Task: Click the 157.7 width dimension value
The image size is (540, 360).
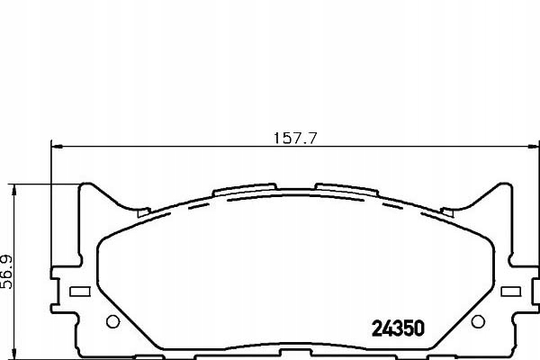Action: coord(296,139)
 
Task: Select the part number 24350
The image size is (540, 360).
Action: coord(398,328)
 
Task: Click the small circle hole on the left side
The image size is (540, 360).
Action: coord(112,323)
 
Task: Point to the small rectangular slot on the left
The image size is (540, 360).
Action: coord(78,291)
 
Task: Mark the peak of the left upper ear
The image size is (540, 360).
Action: coord(87,186)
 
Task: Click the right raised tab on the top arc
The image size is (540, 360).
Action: coord(345,189)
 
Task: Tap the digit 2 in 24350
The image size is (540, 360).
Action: coord(377,328)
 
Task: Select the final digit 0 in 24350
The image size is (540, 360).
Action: coord(418,328)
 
